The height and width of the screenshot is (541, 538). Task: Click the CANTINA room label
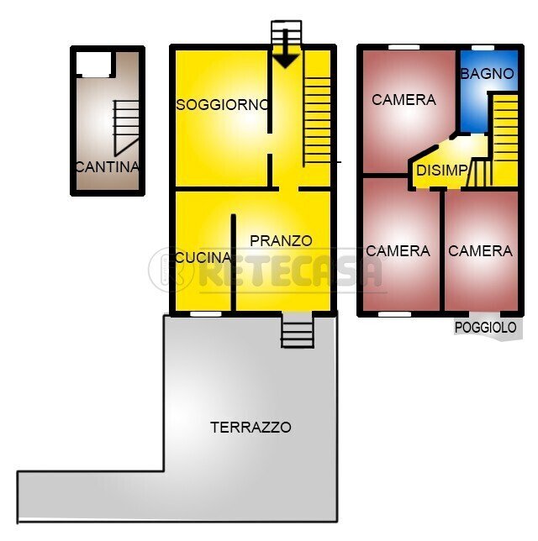tap(107, 166)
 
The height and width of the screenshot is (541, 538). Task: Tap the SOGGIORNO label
tap(223, 104)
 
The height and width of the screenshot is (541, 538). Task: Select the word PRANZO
tap(281, 240)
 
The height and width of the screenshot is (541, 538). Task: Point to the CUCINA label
tap(203, 258)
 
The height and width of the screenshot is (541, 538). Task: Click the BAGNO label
tap(487, 73)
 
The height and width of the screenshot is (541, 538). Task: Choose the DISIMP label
tap(441, 171)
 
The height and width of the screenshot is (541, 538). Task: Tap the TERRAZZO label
tap(251, 427)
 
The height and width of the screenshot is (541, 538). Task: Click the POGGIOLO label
tap(485, 328)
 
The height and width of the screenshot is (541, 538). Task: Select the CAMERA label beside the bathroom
tap(403, 99)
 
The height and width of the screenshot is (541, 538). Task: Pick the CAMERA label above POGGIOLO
tap(480, 250)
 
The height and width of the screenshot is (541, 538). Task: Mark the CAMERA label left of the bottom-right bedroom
tap(398, 250)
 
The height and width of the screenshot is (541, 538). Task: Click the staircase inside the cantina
tap(126, 126)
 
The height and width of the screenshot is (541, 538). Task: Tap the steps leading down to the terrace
tap(297, 330)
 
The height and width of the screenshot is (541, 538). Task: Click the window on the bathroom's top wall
tap(482, 46)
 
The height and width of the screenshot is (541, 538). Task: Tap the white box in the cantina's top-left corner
tap(93, 63)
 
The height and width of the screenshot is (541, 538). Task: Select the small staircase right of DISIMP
tap(480, 174)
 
